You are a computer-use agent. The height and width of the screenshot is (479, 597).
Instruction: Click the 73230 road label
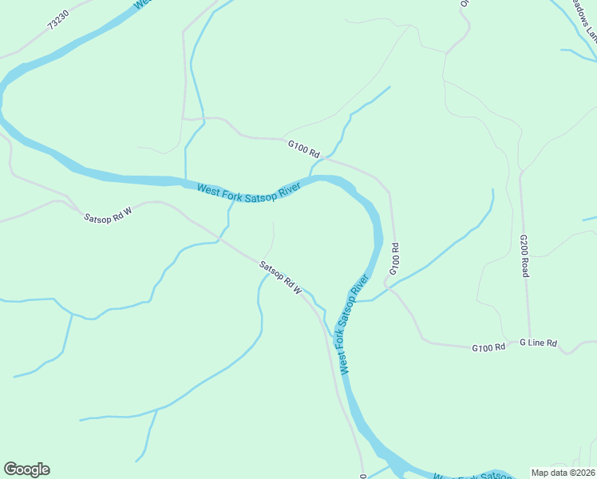(x=59, y=19)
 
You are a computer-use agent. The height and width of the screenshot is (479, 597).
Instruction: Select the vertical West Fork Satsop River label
(x=354, y=324)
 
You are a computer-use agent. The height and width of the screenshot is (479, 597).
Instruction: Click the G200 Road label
(x=524, y=255)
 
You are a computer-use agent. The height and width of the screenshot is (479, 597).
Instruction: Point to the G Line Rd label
(x=538, y=342)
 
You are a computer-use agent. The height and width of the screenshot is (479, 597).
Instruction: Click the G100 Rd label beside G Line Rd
(x=488, y=347)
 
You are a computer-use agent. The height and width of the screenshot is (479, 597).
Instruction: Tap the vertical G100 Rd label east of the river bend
(x=393, y=259)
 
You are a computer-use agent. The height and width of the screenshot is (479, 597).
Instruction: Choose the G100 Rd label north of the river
(x=303, y=148)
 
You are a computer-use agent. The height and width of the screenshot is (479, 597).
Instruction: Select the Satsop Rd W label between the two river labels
(x=280, y=277)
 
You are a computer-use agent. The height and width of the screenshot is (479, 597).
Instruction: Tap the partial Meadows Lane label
(x=584, y=19)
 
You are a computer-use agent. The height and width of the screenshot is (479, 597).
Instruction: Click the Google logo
(x=26, y=469)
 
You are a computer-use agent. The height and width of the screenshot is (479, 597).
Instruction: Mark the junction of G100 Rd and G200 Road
(x=528, y=344)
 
